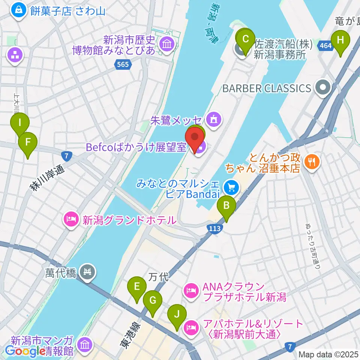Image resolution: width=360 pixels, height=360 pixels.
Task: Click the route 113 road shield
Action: click(214, 228)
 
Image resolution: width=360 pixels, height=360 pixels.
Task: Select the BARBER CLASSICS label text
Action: click(267, 88)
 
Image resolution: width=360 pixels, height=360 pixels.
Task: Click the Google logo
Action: click(23, 351)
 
